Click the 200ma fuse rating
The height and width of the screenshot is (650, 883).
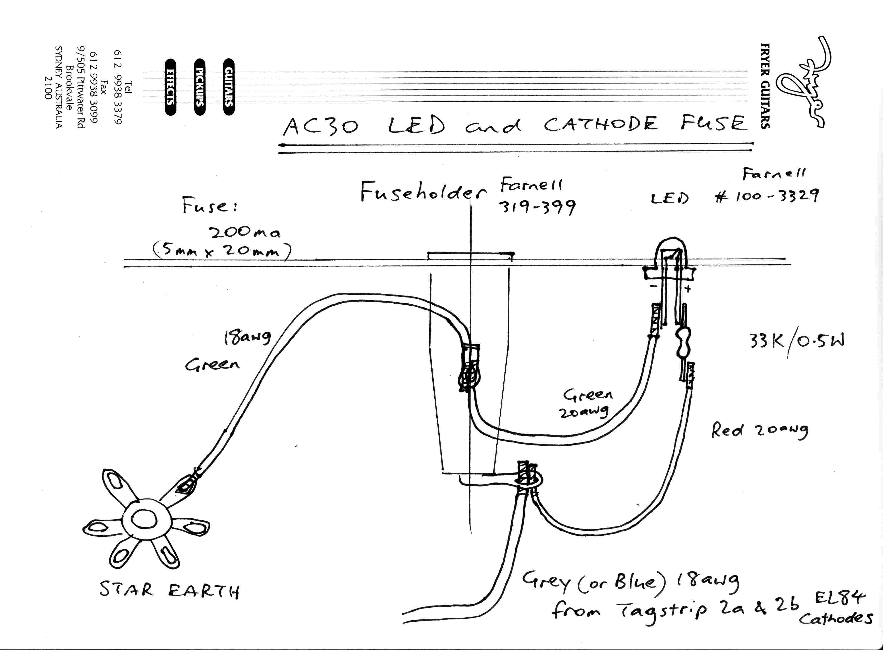(244, 233)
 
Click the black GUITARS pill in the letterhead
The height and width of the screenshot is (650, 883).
(229, 87)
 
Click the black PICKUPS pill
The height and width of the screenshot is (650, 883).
(200, 87)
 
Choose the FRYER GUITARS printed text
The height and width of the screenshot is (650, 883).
(765, 86)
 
